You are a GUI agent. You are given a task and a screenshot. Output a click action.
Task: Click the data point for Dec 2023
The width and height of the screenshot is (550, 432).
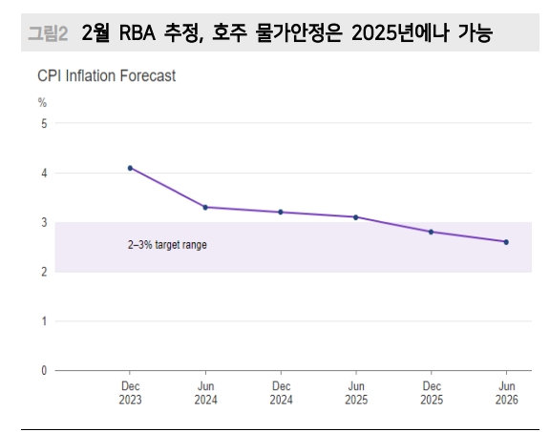pos(130,168)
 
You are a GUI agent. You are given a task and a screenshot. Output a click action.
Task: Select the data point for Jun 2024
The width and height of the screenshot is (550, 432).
pos(205,207)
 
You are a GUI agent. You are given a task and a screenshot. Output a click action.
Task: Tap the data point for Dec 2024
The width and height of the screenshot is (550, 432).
pos(281,212)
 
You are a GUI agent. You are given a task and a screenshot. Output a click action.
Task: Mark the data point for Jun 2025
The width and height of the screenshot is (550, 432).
pos(355,217)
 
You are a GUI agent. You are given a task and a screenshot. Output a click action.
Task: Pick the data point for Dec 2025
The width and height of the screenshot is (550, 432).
pos(431,232)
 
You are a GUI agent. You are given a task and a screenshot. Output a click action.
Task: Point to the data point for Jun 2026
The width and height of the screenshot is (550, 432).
pos(506,242)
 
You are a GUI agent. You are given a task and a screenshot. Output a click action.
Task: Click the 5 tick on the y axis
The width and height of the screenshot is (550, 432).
pos(42,123)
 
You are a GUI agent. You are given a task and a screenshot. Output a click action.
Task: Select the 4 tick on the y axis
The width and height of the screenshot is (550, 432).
pos(42,173)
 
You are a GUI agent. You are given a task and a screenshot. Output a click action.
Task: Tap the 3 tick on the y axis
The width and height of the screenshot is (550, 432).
pos(42,222)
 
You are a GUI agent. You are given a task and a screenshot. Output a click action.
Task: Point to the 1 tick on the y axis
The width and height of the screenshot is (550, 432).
pos(42,321)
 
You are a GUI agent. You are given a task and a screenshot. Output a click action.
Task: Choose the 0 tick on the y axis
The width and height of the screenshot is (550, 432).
pos(42,370)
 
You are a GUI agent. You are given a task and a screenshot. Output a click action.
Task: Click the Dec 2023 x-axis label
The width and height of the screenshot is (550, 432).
pos(130,394)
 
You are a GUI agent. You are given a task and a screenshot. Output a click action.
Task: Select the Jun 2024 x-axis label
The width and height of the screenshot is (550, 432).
pos(205,394)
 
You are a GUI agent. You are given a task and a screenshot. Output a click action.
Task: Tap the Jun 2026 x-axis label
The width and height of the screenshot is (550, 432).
pos(506,394)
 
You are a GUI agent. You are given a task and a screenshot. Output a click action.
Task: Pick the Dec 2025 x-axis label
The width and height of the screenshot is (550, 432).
pos(431,394)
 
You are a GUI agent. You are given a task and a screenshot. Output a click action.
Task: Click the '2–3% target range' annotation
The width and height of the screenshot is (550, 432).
pos(167,245)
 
